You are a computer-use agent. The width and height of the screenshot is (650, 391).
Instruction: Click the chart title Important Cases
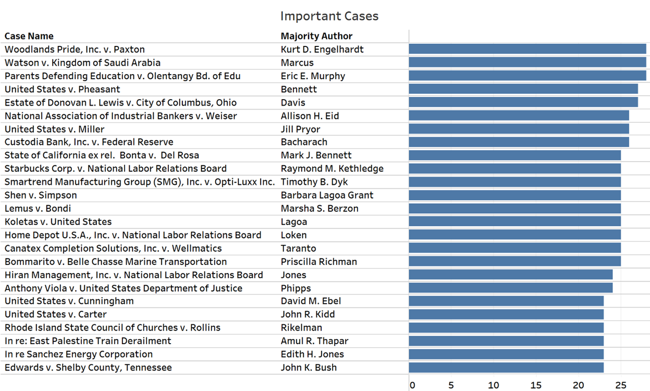(329, 16)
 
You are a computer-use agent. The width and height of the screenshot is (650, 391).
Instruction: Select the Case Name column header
(29, 36)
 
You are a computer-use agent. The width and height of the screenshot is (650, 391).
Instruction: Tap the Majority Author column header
(316, 36)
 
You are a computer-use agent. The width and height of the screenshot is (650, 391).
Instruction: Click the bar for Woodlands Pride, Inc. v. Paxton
(527, 49)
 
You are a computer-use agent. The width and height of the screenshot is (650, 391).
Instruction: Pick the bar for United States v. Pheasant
(523, 89)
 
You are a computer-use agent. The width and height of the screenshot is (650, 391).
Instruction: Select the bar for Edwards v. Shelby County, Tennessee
(506, 368)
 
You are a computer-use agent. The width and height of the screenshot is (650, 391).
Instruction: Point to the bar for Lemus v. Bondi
(514, 209)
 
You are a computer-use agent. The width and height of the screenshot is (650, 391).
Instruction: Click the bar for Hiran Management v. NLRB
(510, 275)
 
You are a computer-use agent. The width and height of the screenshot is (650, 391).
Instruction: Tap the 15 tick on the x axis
(536, 386)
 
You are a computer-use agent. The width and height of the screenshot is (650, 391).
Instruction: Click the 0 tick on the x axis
(412, 386)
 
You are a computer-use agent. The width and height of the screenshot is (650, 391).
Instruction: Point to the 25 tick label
(620, 386)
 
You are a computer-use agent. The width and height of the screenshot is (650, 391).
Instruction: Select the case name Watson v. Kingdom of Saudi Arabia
(82, 63)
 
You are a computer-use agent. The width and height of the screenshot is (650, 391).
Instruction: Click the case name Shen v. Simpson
(41, 195)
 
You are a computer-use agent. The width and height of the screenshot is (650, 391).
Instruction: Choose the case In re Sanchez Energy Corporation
(79, 354)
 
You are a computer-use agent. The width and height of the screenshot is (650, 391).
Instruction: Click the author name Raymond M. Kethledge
(332, 168)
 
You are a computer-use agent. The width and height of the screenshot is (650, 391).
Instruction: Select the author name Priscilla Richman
(318, 262)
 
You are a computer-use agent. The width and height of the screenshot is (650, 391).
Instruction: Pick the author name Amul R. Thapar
(314, 341)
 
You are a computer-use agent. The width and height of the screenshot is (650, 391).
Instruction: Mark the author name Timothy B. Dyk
(314, 182)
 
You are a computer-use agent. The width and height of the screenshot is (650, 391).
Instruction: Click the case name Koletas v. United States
(58, 222)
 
